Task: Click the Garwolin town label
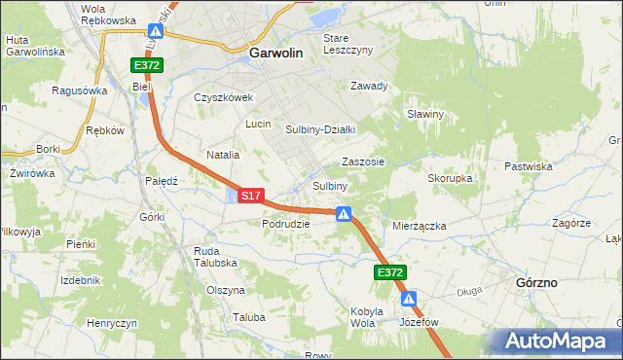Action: (281, 54)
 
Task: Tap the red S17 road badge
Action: (250, 196)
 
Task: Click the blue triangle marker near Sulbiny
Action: (344, 214)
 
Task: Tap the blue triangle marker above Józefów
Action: (411, 300)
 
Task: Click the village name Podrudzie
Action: (285, 223)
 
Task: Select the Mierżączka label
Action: (419, 226)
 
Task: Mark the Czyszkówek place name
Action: (223, 97)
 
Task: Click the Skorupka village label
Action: (450, 179)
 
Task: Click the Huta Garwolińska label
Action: (34, 47)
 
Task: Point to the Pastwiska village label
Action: (530, 166)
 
